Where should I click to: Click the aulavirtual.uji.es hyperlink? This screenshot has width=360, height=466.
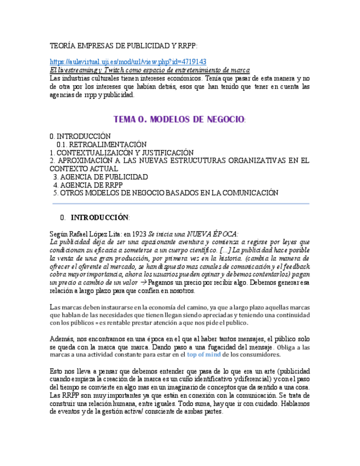128,62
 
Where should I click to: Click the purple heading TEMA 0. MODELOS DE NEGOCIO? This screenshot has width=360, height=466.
179,119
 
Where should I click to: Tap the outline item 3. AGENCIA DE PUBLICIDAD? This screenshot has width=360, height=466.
101,177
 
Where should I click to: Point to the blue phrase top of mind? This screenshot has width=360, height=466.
204,354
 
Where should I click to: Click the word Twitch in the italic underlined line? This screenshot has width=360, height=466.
117,70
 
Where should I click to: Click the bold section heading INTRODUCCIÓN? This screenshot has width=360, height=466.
99,217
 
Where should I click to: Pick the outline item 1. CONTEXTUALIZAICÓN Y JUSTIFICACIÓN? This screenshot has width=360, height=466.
121,152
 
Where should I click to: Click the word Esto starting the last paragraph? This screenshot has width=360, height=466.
57,371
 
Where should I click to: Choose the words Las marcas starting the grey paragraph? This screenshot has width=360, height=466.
65,307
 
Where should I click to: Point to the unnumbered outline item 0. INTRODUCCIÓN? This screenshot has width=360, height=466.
80,136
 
